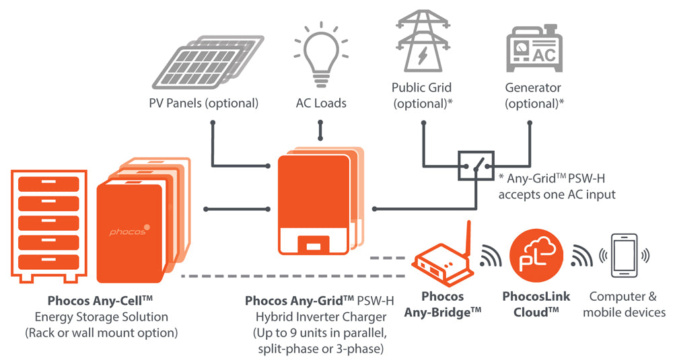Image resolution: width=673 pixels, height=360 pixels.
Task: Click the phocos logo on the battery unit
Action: pyautogui.click(x=131, y=231)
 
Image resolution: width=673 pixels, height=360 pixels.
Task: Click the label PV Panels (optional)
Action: pyautogui.click(x=203, y=104)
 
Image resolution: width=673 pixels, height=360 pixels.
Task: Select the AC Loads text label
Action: pyautogui.click(x=321, y=104)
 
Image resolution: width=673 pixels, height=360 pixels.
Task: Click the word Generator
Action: pyautogui.click(x=533, y=88)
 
